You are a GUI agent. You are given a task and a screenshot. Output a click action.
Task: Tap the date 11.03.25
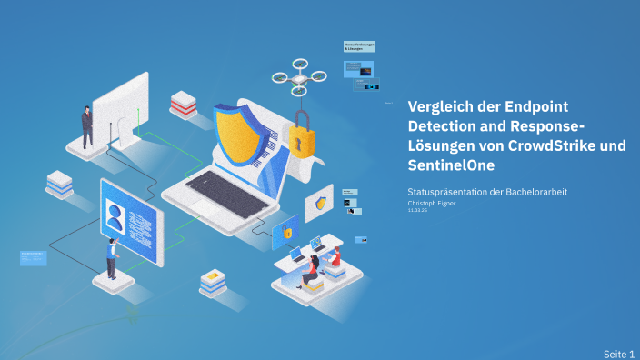pos(417,210)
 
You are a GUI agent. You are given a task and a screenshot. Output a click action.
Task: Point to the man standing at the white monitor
pos(87,126)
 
